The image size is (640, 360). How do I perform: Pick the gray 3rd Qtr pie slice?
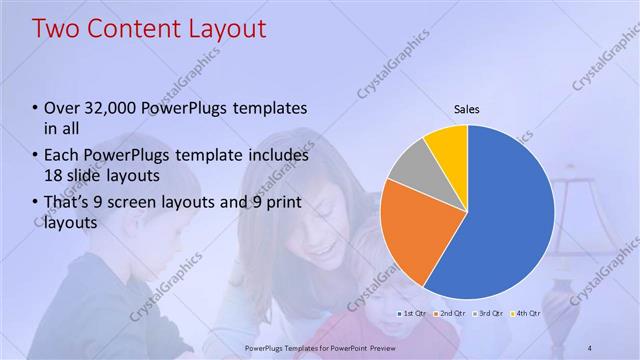pos(407,167)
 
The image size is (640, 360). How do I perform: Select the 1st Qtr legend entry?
pos(412,313)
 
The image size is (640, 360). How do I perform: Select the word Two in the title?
pos(56,29)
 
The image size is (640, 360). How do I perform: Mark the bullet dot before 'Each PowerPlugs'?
pos(36,157)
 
